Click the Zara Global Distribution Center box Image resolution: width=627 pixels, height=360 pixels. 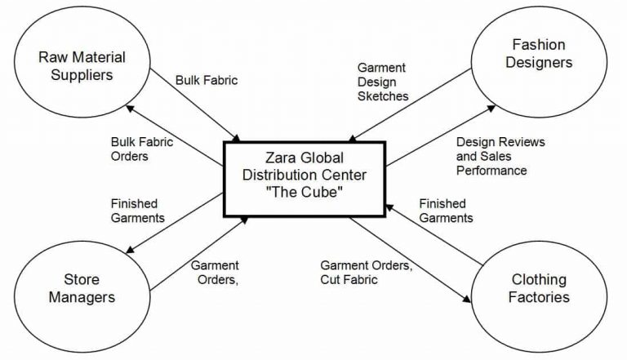click(x=304, y=180)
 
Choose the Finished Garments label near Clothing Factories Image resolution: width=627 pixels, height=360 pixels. click(x=445, y=211)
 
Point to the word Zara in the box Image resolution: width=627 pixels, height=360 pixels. click(x=281, y=158)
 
